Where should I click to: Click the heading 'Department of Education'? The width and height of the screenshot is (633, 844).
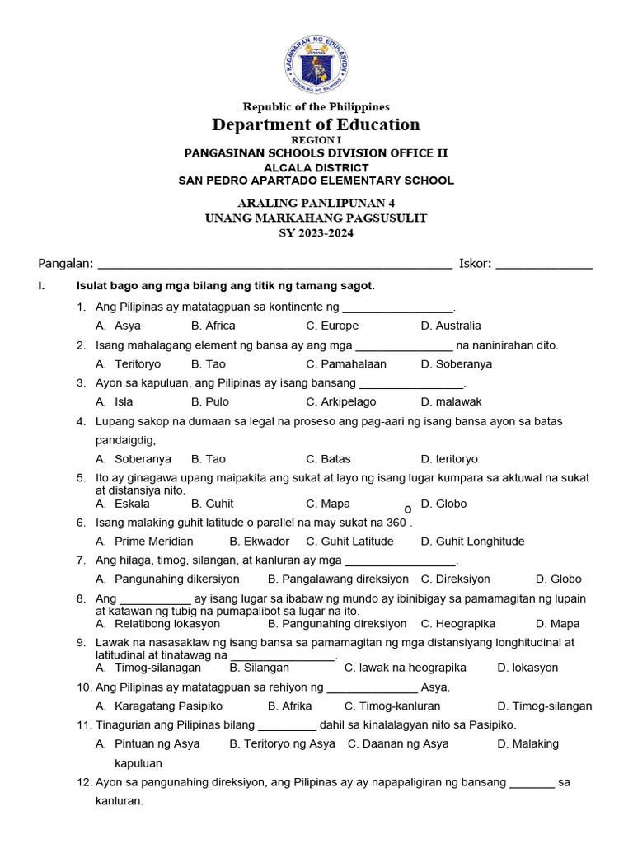[316, 124]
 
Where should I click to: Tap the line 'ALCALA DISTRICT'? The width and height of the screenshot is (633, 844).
[316, 168]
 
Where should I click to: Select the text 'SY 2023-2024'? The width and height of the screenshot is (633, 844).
[316, 233]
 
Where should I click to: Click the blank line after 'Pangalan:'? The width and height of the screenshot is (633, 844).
[274, 265]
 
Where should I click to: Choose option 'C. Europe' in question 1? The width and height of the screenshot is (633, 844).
[332, 326]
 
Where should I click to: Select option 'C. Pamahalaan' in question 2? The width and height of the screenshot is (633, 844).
[346, 363]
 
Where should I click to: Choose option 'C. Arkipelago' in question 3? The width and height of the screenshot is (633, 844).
[341, 401]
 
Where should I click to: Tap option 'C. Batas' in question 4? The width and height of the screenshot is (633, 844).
[328, 459]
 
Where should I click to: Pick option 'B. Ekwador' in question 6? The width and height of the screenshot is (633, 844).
[260, 542]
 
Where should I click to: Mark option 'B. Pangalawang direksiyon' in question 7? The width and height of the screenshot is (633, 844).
[338, 579]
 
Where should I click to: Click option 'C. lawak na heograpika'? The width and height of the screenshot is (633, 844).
[406, 668]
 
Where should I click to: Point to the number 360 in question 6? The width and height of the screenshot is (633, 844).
[396, 522]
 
